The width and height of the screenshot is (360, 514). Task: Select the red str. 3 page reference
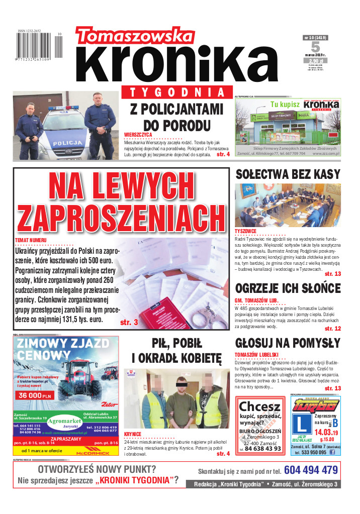[x=129, y=322]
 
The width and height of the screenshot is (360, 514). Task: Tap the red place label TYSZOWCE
[x=246, y=231]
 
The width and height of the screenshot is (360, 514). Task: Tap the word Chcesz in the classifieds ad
[x=259, y=406]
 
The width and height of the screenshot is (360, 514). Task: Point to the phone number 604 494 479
[x=311, y=470]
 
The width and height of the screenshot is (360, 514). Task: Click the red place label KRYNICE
[x=133, y=434]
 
